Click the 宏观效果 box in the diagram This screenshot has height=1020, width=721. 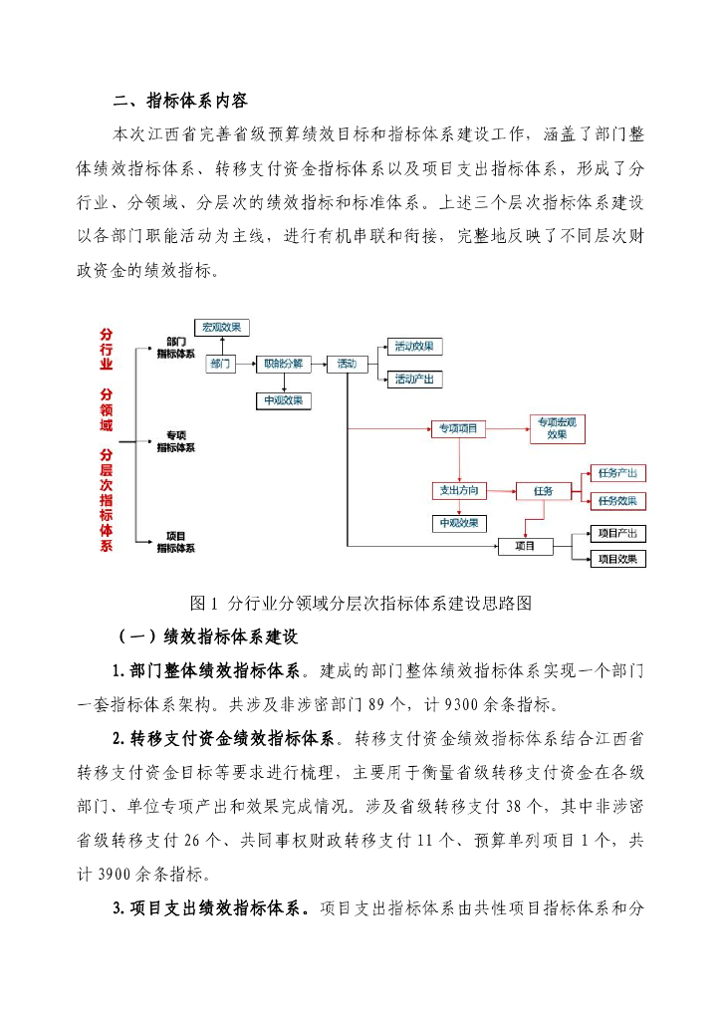221,328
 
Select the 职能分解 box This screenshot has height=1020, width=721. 284,365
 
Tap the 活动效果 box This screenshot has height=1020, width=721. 414,347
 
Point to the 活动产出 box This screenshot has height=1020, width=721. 414,380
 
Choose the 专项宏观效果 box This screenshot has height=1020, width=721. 557,429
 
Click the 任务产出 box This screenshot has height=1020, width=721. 617,472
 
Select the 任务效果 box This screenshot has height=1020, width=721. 617,500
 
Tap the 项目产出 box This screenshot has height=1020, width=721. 618,532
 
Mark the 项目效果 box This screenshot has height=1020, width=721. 618,559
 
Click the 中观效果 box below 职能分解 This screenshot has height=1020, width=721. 284,400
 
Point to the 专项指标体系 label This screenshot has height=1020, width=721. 175,441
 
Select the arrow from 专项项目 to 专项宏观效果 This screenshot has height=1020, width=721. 507,429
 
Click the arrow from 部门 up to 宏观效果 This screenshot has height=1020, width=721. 220,346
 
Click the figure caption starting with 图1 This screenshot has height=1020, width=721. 360,604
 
